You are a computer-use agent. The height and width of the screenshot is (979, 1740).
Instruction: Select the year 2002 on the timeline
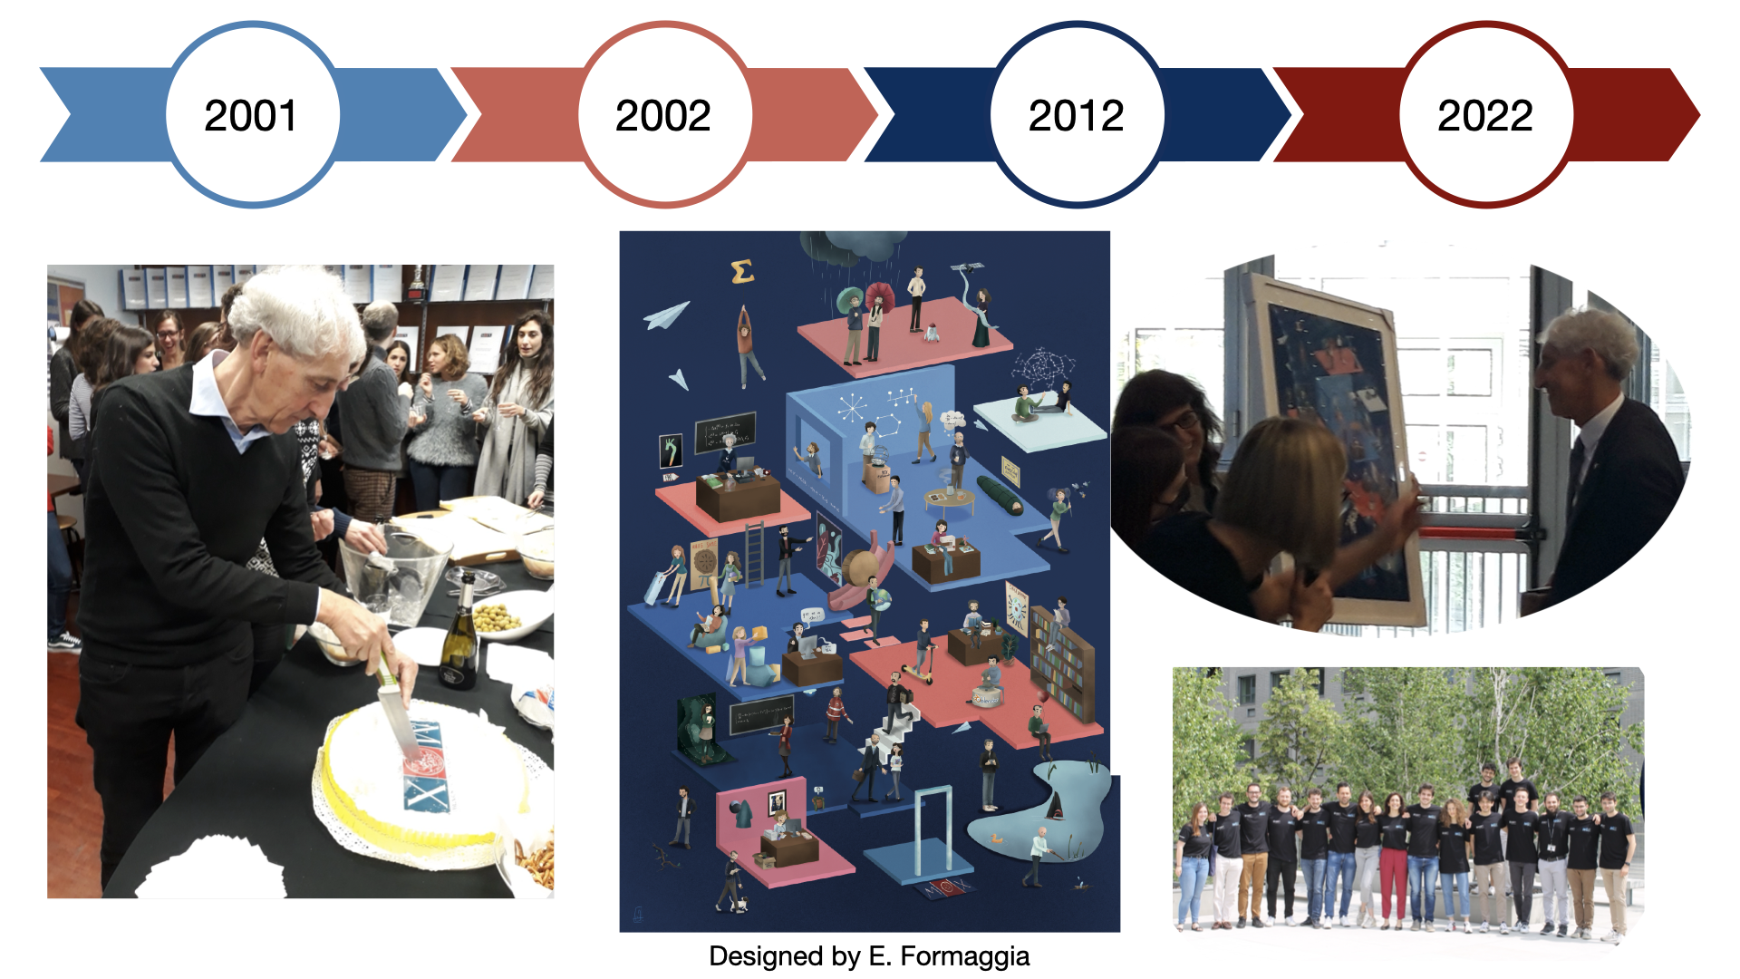point(663,115)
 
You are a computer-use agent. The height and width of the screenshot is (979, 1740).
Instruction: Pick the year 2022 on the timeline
point(1485,115)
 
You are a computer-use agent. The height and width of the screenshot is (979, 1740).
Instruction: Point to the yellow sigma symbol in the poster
point(742,271)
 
